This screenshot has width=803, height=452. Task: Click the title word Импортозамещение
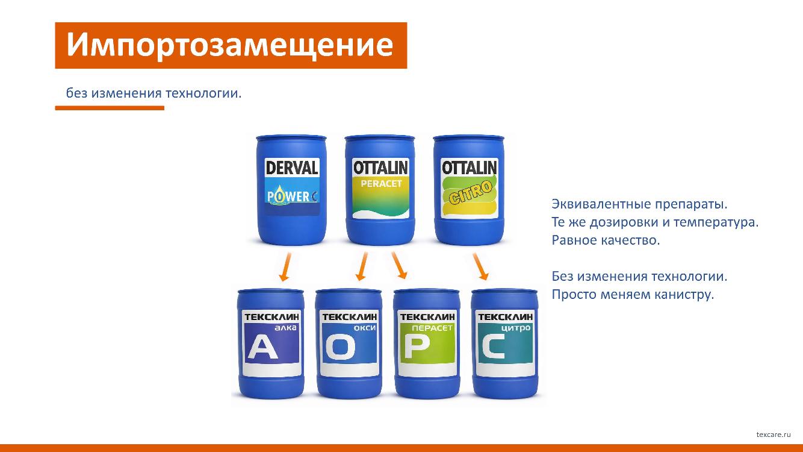pos(230,45)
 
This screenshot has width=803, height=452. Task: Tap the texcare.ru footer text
pos(774,435)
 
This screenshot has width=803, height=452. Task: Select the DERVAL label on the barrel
pos(292,168)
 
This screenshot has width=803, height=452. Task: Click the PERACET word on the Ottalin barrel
pos(380,184)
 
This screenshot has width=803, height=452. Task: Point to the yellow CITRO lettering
pos(470,193)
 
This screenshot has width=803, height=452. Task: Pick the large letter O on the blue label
pos(341,348)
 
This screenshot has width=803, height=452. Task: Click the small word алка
pos(286,327)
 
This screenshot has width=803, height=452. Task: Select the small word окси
pos(365,328)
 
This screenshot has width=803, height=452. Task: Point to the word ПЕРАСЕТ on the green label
pos(432,328)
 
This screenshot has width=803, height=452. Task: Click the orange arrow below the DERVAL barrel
pos(285,267)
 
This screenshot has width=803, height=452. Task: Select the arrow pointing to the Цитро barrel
pos(480,266)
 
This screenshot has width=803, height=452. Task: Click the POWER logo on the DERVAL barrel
pos(292,196)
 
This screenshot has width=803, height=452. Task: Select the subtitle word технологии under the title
pos(203,93)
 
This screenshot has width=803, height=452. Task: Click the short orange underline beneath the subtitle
pos(110,108)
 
